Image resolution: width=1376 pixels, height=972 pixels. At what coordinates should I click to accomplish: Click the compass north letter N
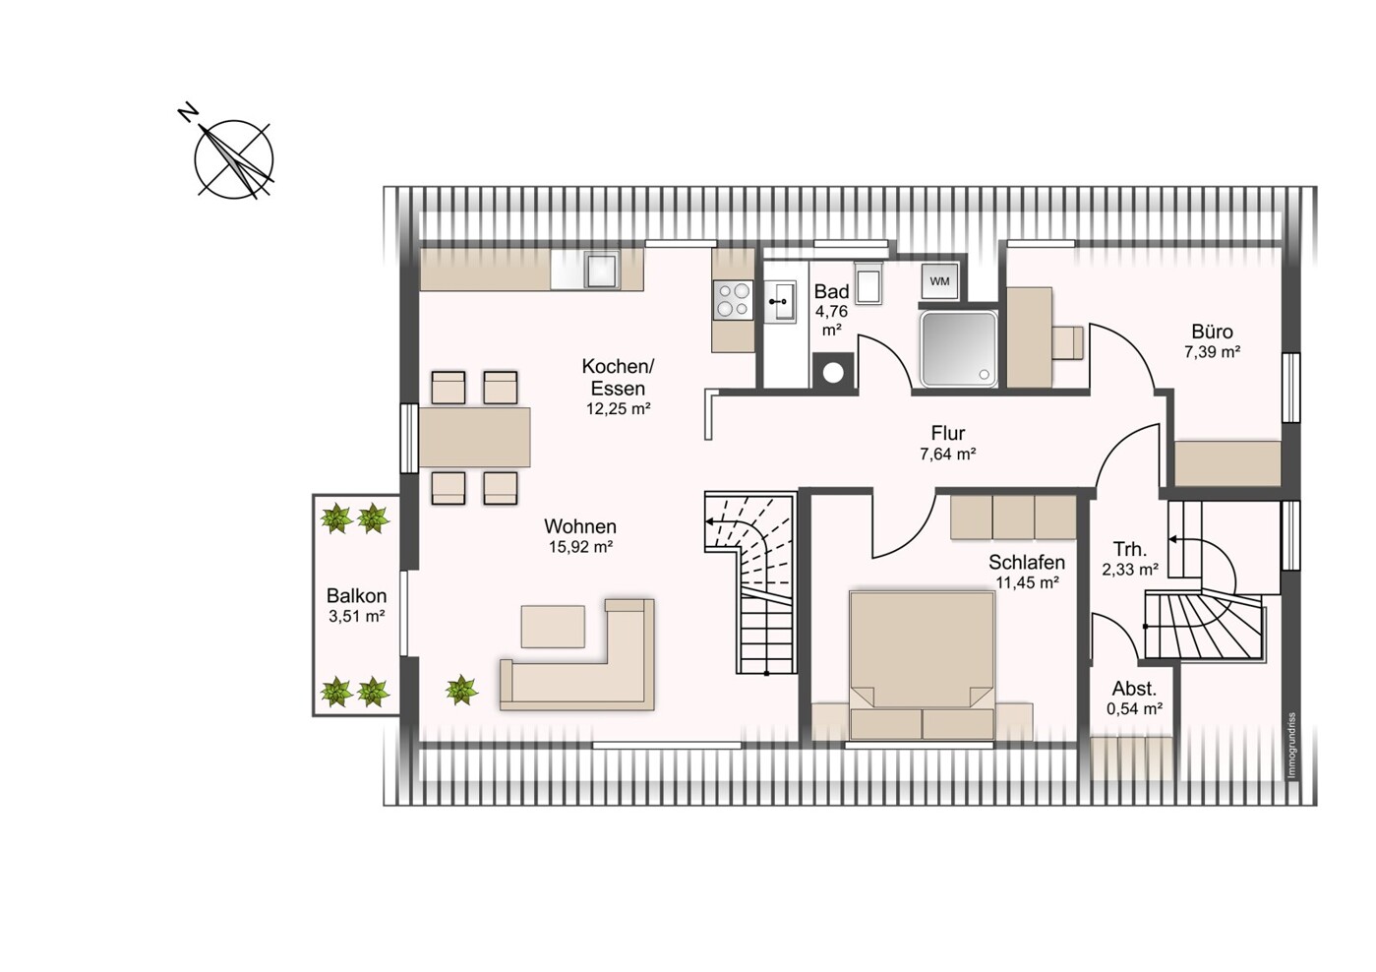pyautogui.click(x=188, y=113)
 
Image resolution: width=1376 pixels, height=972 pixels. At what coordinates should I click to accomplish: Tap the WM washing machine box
pyautogui.click(x=939, y=281)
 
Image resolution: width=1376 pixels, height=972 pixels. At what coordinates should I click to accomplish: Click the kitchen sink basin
pyautogui.click(x=601, y=271)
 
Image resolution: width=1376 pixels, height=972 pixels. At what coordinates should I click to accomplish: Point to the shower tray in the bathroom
pyautogui.click(x=958, y=349)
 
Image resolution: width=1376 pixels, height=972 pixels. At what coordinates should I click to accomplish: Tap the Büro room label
pyautogui.click(x=1212, y=332)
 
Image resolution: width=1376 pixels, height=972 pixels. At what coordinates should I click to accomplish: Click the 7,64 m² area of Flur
pyautogui.click(x=948, y=455)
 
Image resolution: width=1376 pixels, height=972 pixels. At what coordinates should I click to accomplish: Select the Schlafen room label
pyautogui.click(x=1027, y=562)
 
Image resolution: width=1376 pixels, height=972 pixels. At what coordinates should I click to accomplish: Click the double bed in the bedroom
pyautogui.click(x=922, y=665)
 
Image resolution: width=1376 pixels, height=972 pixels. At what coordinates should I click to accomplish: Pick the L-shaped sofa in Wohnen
pyautogui.click(x=577, y=655)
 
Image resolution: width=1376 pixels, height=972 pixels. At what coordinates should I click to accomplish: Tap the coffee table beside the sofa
pyautogui.click(x=553, y=626)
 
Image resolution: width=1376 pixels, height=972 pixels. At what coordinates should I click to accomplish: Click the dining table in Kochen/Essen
pyautogui.click(x=475, y=437)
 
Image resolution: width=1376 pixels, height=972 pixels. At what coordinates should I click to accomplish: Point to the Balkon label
pyautogui.click(x=356, y=595)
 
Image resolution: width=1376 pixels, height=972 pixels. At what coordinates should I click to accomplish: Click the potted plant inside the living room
pyautogui.click(x=461, y=690)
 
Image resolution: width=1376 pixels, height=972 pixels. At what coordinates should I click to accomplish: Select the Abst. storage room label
pyautogui.click(x=1134, y=688)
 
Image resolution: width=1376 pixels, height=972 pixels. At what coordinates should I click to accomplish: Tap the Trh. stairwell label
pyautogui.click(x=1130, y=548)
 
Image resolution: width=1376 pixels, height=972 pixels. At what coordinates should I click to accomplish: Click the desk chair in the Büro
pyautogui.click(x=1068, y=342)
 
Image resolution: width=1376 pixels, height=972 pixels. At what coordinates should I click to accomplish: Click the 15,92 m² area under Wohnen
pyautogui.click(x=580, y=547)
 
